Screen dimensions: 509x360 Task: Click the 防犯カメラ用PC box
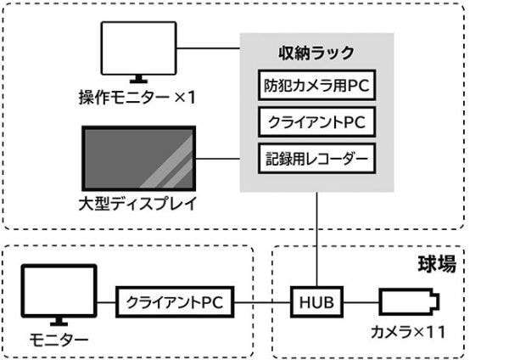point(316,85)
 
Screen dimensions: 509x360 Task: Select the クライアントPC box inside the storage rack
point(316,122)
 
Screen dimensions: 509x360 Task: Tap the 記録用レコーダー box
point(316,158)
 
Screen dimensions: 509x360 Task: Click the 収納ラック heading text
point(316,53)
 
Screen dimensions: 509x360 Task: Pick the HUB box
point(316,302)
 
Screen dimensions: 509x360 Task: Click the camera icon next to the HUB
point(410,302)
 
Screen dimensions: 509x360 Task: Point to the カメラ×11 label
point(408,332)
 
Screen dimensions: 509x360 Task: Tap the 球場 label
point(437,264)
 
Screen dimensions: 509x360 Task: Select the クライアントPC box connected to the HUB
point(175,302)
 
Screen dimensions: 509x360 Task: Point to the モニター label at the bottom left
point(59,340)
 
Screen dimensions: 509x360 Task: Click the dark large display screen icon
point(139,158)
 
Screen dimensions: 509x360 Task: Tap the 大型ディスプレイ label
point(138,204)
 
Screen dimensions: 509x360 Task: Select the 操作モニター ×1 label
point(137,97)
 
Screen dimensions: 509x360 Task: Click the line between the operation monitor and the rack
point(209,48)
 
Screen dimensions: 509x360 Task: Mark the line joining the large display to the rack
point(218,159)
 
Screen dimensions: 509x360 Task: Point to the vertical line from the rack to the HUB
point(316,239)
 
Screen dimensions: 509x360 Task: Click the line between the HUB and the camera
point(361,302)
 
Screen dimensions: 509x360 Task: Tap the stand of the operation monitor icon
point(138,79)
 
